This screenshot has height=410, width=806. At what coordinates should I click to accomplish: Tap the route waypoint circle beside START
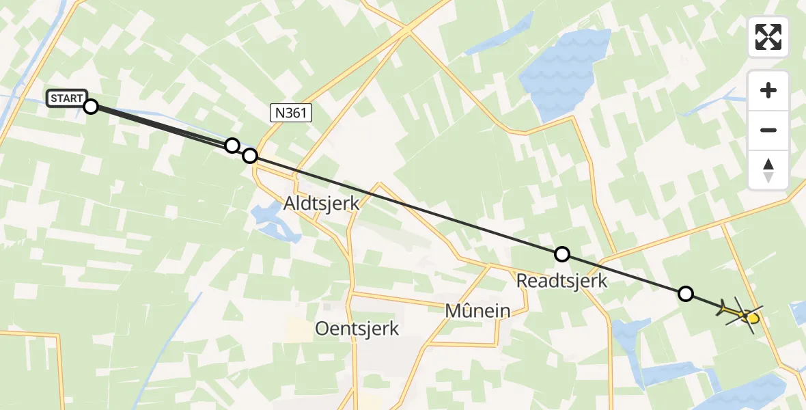point(91,106)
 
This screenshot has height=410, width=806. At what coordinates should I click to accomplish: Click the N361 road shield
point(291,113)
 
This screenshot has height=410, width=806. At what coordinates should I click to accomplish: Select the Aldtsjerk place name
point(321,204)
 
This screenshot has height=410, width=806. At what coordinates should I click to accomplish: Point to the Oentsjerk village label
point(357,329)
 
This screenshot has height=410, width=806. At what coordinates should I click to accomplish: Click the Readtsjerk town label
point(561,281)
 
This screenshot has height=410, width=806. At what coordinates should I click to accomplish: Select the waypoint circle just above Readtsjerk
point(561,254)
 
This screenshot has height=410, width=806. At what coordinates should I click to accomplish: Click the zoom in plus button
point(768,90)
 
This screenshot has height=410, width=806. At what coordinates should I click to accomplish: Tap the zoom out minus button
point(768,130)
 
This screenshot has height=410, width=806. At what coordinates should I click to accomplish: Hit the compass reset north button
point(768,169)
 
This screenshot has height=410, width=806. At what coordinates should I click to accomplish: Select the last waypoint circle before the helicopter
point(686,294)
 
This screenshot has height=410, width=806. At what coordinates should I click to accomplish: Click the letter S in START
point(53,98)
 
